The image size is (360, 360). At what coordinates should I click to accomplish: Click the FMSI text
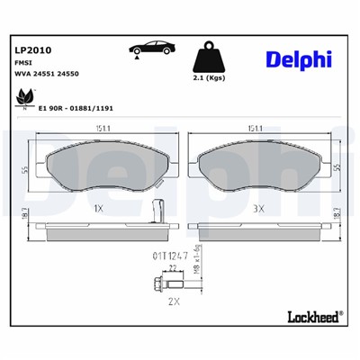(22, 64)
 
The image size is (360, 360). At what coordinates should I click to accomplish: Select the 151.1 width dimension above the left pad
(98, 129)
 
